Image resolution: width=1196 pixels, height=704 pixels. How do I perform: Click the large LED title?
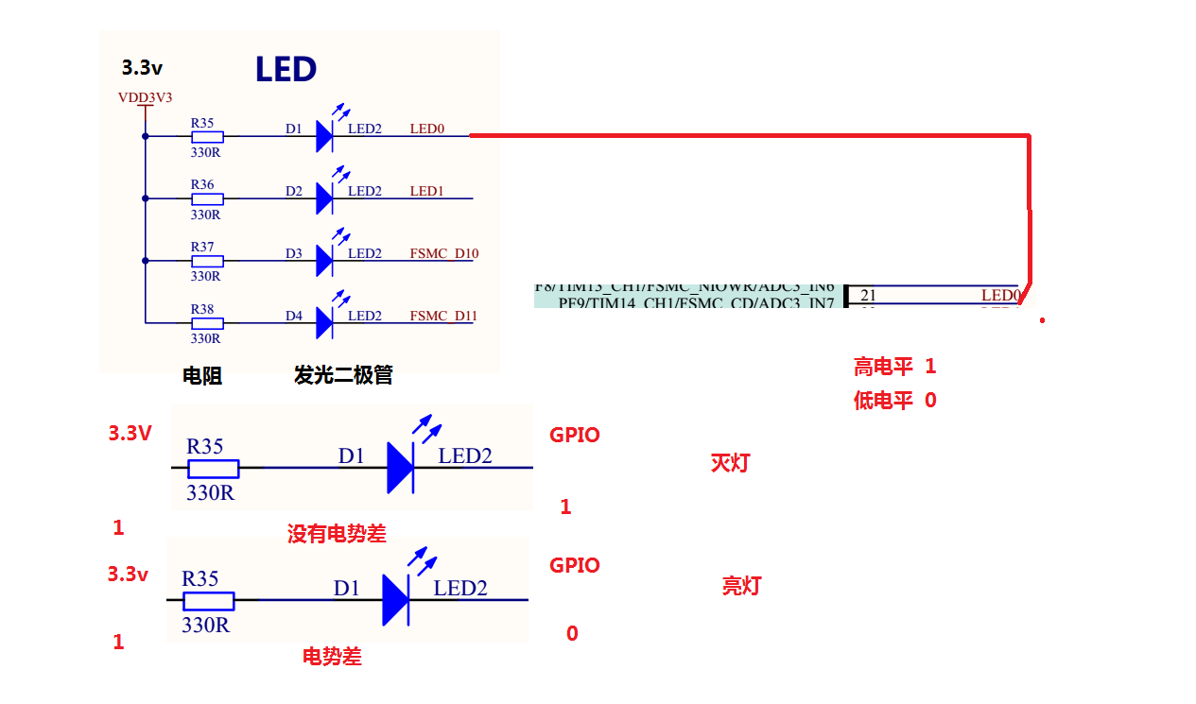(x=286, y=69)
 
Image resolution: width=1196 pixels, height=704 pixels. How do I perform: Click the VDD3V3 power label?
(x=145, y=97)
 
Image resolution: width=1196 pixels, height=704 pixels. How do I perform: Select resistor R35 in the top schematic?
(x=207, y=136)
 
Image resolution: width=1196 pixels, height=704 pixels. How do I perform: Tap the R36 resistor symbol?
(x=207, y=199)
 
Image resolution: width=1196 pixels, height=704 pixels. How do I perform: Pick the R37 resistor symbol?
(x=207, y=262)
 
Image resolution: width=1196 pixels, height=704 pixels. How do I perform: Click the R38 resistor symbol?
(x=207, y=323)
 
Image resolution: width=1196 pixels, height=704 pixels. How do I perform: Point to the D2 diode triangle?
(x=324, y=198)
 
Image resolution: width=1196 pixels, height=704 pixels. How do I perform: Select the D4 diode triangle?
(x=324, y=323)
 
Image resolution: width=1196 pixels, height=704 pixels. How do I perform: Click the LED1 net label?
(x=426, y=191)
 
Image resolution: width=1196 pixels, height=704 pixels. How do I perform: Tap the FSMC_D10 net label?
(x=444, y=253)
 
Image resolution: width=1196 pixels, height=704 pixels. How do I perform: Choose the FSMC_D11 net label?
(x=442, y=316)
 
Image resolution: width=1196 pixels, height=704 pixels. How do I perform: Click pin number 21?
(x=868, y=296)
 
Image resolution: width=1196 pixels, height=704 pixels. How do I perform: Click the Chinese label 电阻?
(x=202, y=376)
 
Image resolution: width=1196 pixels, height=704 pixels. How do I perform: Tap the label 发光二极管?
(x=343, y=376)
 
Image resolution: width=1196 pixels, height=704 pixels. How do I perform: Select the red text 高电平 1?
(x=894, y=367)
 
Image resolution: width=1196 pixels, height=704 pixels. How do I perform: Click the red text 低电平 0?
(x=894, y=401)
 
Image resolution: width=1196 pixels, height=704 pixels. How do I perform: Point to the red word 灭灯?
(x=730, y=463)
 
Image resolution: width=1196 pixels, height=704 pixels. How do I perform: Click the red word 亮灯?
(x=741, y=586)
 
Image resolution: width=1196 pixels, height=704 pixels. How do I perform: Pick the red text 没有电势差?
(x=337, y=534)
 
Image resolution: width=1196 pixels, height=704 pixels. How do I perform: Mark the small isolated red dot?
(x=1043, y=320)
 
